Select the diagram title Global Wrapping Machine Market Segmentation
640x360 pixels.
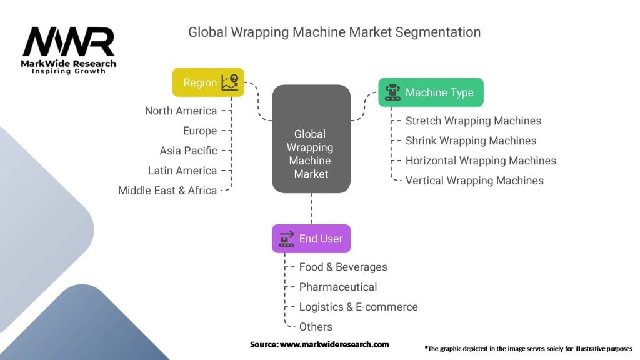coord(334,32)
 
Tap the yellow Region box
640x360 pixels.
coord(208,82)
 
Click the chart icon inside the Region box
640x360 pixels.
coord(229,82)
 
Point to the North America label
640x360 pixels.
coord(181,111)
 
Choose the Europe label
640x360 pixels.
coord(200,131)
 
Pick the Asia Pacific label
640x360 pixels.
coord(188,151)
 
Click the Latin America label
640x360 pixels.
coord(182,171)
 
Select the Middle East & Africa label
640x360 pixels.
coord(167,191)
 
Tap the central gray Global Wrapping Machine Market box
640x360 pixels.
coord(311,139)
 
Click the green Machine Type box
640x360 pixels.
coord(431,92)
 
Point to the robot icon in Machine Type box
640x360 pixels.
coord(392,92)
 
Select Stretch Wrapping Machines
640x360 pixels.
coord(473,121)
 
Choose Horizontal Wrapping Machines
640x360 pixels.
coord(481,161)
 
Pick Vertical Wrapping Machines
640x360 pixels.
coord(474,181)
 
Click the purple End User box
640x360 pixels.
coord(311,239)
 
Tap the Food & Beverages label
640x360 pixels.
coord(343,267)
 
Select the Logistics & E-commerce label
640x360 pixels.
coord(358,307)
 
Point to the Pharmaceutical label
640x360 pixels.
coord(338,287)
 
